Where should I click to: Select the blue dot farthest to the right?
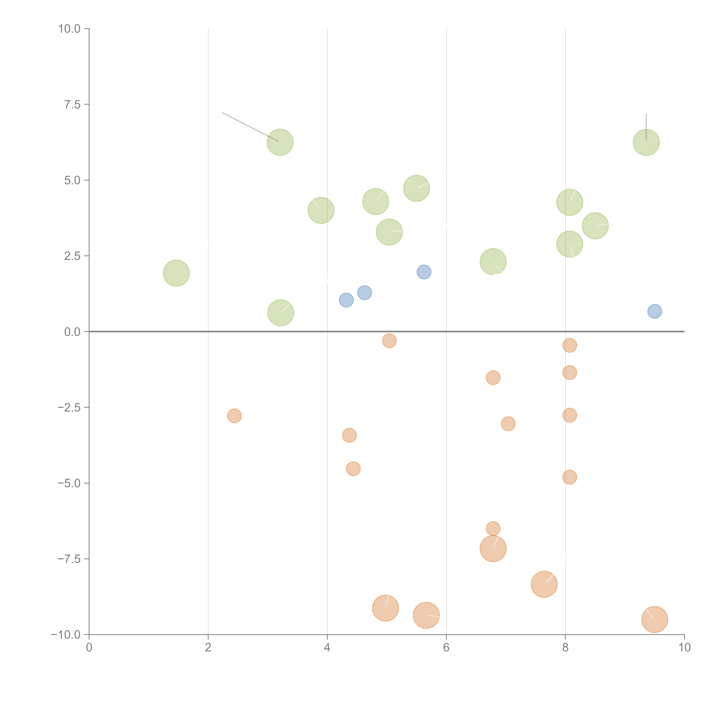pos(654,311)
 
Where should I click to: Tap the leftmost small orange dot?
pos(234,416)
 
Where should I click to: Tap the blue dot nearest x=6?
pos(424,272)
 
